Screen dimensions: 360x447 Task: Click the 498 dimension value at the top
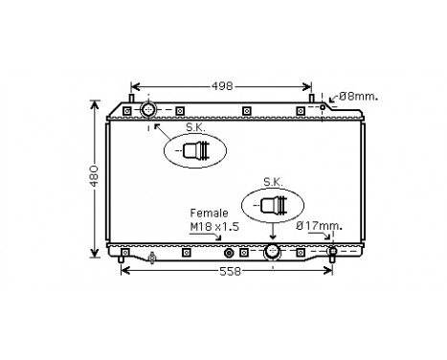coord(222,86)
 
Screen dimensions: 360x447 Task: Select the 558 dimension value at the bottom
coord(227,271)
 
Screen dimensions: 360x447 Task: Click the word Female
coord(208,212)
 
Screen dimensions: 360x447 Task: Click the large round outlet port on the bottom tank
coord(273,252)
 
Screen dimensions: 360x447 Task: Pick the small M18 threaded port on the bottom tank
coord(228,254)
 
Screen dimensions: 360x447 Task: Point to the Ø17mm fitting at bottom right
coord(332,254)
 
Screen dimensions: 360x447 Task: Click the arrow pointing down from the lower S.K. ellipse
coord(273,233)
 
